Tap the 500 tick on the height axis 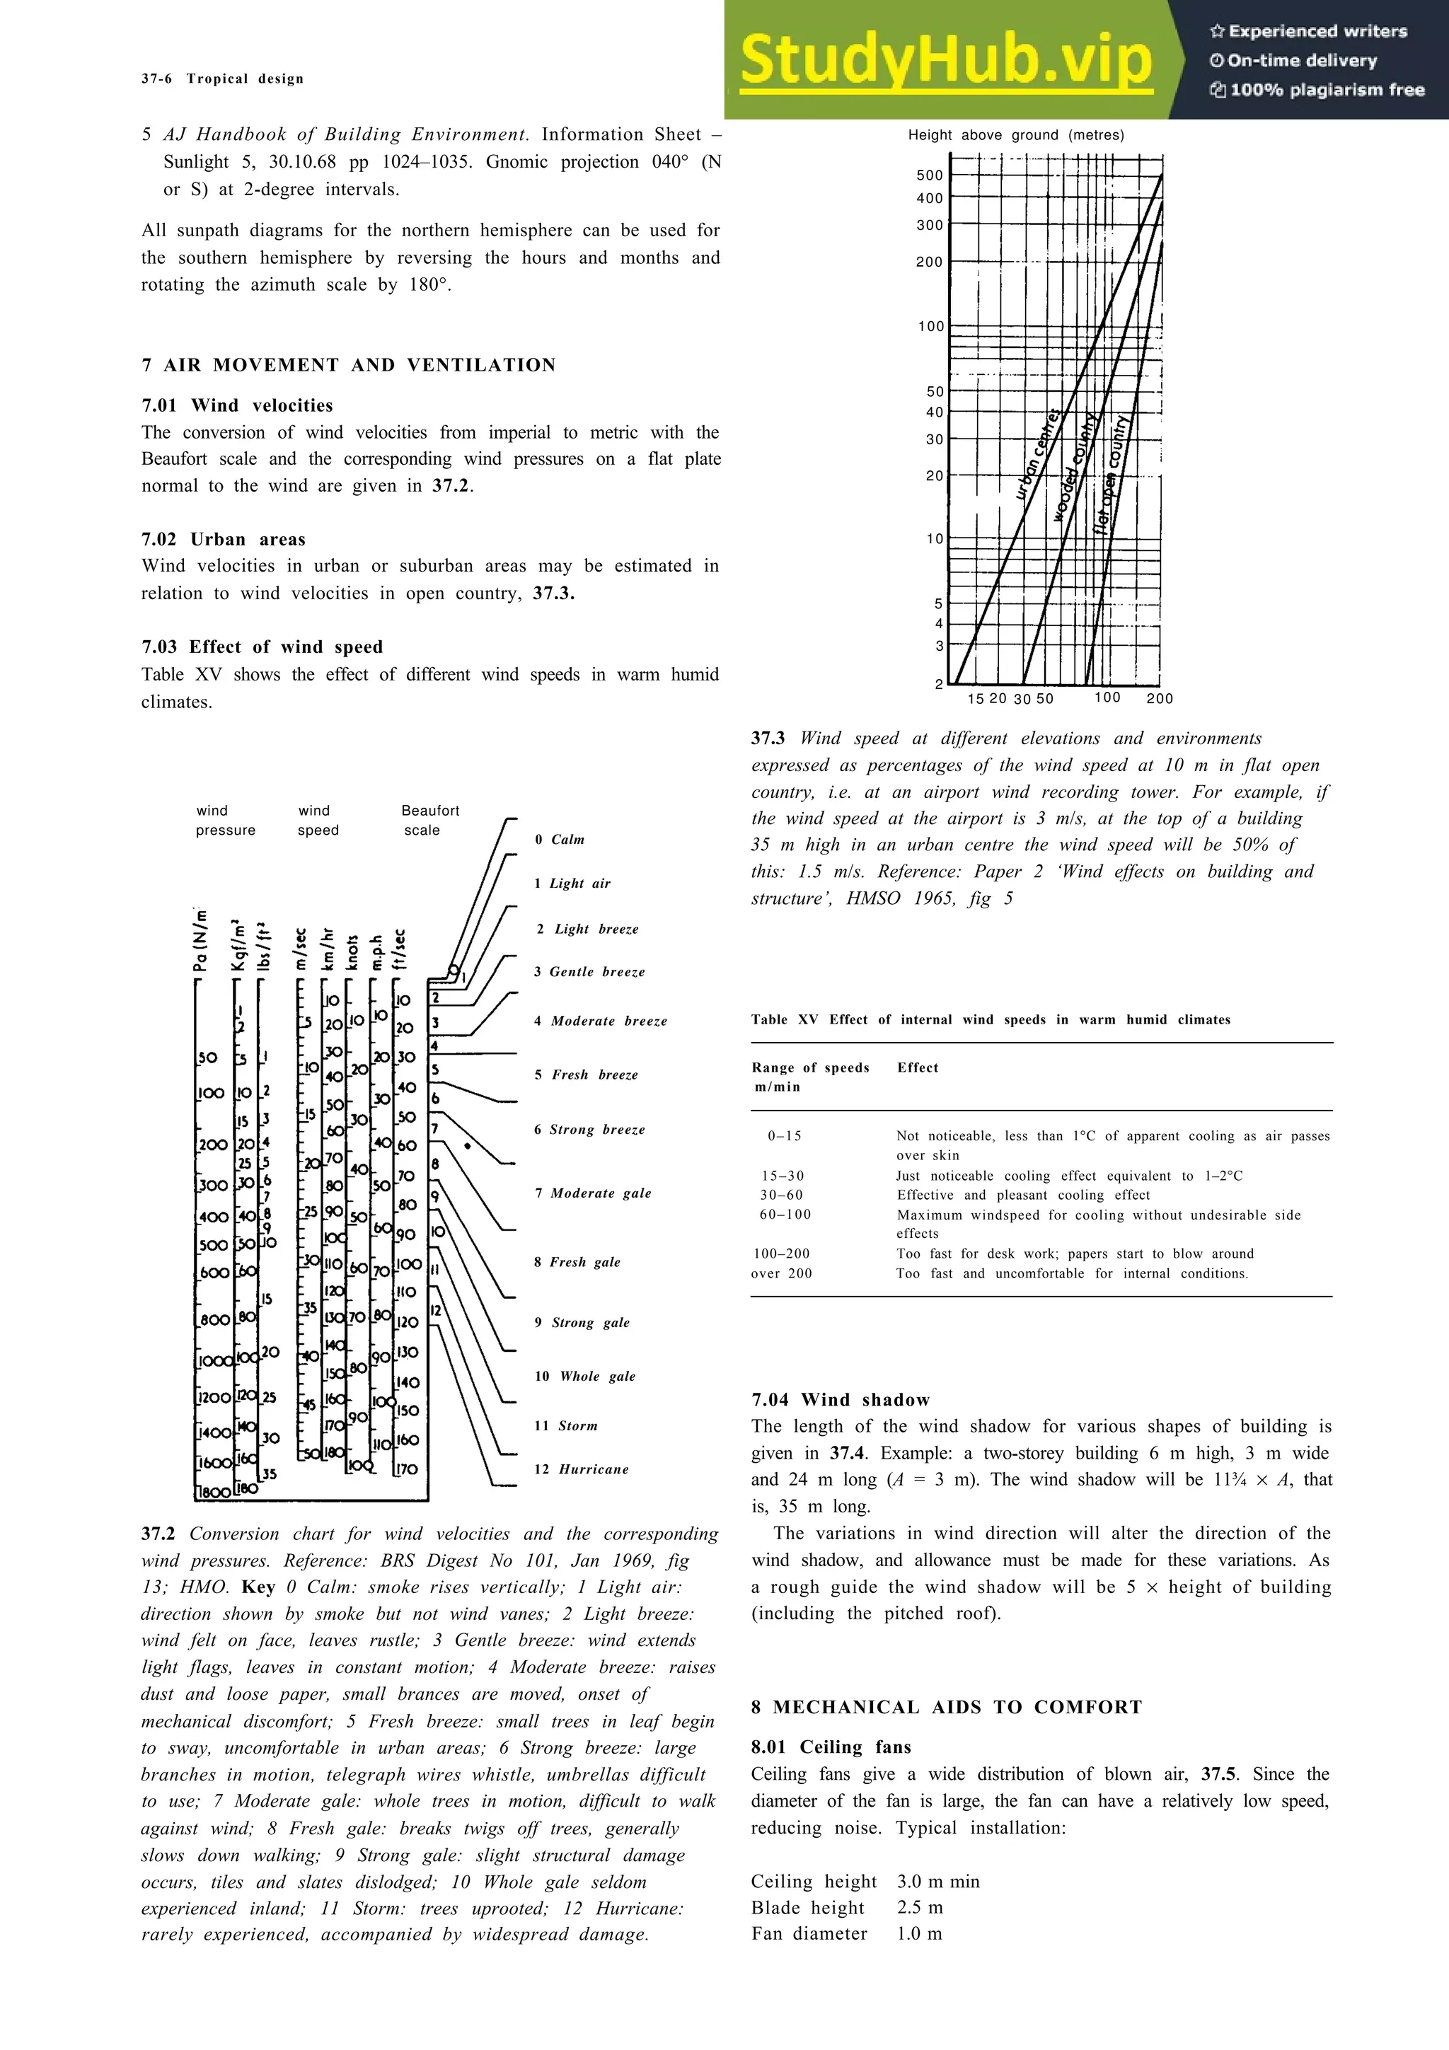pyautogui.click(x=930, y=175)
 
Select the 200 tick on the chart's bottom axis pyautogui.click(x=1159, y=698)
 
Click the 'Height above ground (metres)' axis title pyautogui.click(x=1016, y=135)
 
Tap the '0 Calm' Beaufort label pyautogui.click(x=560, y=839)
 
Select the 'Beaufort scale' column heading pyautogui.click(x=429, y=820)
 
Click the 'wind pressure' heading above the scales pyautogui.click(x=225, y=820)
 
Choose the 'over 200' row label pyautogui.click(x=782, y=1273)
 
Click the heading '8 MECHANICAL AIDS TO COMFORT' pyautogui.click(x=947, y=1706)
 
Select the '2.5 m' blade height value pyautogui.click(x=920, y=1907)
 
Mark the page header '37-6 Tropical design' pyautogui.click(x=222, y=79)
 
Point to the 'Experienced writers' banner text pyautogui.click(x=1308, y=31)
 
